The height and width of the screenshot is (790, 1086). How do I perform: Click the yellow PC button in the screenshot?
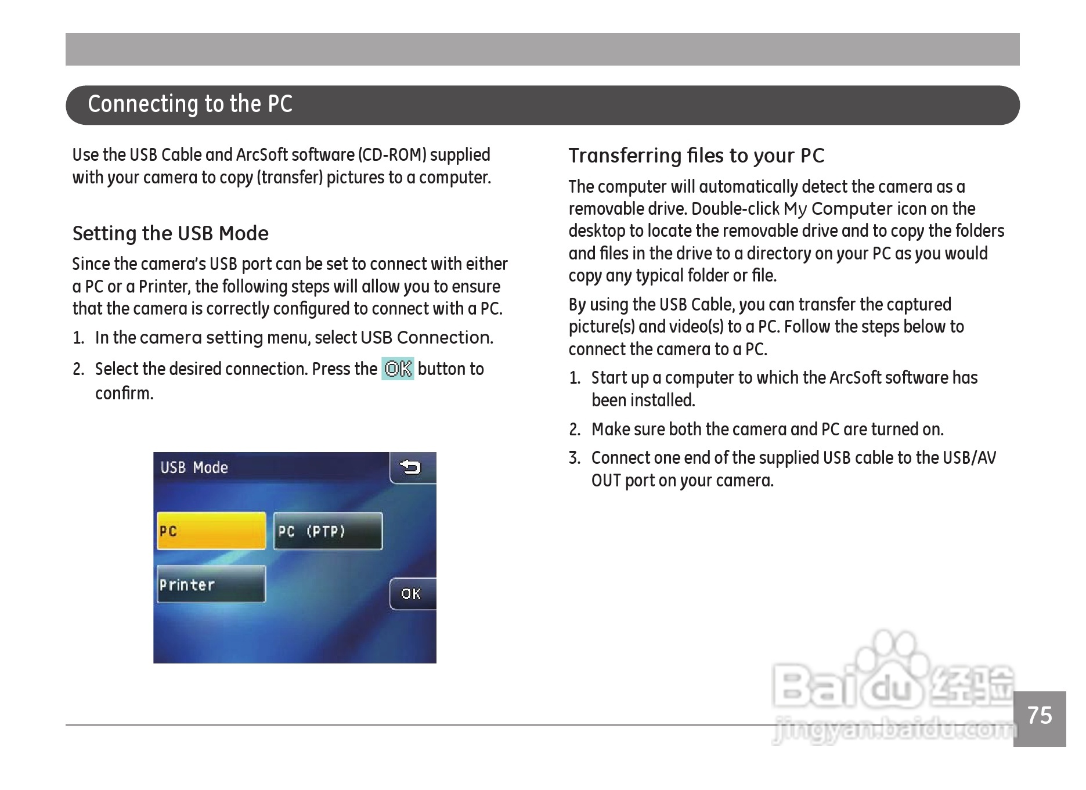211,531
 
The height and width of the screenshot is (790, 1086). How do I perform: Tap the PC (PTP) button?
328,531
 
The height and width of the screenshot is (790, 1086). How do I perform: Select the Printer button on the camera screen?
211,584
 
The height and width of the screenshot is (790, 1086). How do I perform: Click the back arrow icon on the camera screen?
412,467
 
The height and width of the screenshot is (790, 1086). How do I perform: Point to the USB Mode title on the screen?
194,468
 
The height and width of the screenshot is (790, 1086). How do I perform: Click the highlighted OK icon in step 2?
398,369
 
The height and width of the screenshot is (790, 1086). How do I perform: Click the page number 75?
1040,716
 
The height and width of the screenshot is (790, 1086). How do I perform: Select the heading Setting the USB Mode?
170,233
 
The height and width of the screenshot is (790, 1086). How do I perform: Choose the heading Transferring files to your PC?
697,156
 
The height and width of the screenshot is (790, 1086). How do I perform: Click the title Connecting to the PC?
190,104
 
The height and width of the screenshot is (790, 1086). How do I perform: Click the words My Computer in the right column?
838,209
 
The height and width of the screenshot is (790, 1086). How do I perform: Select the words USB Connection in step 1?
427,338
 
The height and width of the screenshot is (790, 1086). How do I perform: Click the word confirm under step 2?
124,394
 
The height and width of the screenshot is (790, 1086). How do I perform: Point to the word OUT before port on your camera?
606,481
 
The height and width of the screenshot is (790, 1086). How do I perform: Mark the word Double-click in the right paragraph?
735,209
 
